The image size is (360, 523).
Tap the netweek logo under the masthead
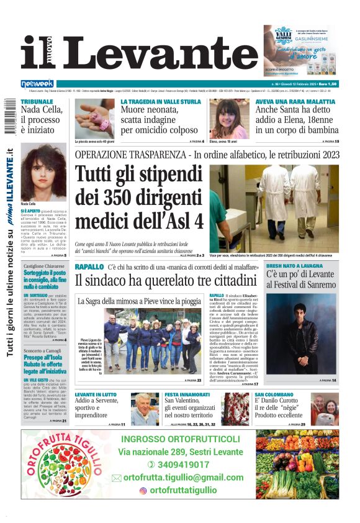[37, 83]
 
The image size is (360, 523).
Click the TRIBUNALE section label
[37, 101]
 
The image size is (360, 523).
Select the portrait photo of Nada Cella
[43, 174]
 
